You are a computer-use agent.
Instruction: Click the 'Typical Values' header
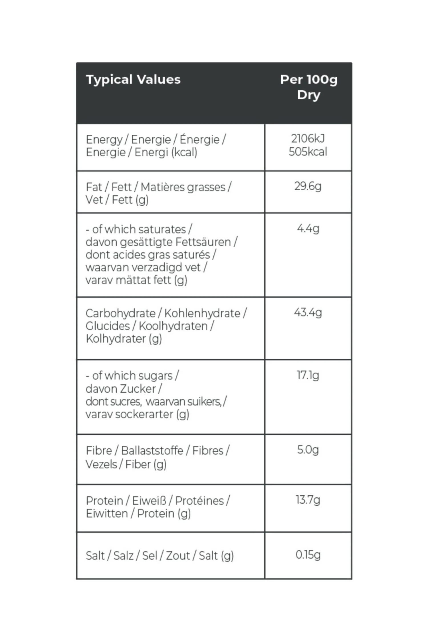click(x=133, y=80)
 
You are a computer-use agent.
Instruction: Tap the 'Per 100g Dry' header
click(x=309, y=87)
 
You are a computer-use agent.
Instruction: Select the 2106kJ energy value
click(x=308, y=139)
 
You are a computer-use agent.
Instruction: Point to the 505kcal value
click(x=308, y=152)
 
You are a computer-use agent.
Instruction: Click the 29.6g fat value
click(x=308, y=186)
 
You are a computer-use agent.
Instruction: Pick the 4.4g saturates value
click(x=308, y=229)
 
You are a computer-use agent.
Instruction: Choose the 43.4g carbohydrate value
click(x=308, y=312)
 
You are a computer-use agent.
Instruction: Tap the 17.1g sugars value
click(x=308, y=375)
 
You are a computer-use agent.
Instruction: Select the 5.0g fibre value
click(x=308, y=450)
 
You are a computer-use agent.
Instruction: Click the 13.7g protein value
click(x=308, y=500)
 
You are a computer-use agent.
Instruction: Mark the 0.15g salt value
click(x=308, y=555)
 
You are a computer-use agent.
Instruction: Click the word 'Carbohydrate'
click(x=120, y=314)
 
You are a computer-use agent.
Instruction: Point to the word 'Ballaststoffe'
click(x=152, y=451)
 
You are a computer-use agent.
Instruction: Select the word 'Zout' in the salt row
click(x=178, y=556)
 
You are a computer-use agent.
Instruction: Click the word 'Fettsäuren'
click(x=203, y=242)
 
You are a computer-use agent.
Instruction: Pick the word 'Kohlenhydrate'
click(x=202, y=314)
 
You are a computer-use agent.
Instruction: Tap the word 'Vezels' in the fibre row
click(x=101, y=465)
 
